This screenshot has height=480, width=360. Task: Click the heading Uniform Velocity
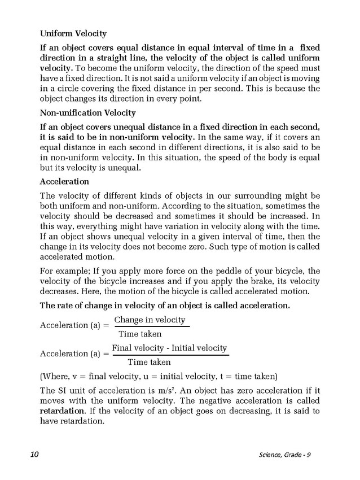click(73, 34)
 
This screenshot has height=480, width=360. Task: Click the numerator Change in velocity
click(150, 320)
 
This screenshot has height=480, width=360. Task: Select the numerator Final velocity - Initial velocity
click(169, 348)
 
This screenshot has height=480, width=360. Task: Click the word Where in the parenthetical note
click(56, 376)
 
